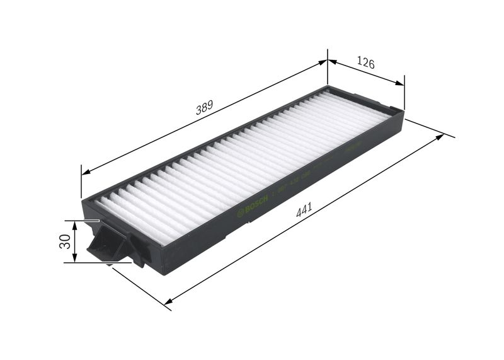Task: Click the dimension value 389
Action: tap(203, 108)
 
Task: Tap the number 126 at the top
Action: tap(366, 63)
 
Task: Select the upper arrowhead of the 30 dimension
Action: tap(75, 224)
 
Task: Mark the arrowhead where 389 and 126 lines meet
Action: tap(327, 61)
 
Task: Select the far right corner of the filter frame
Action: tap(400, 112)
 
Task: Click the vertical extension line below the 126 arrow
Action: tap(404, 95)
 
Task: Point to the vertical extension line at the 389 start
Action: tap(81, 183)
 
